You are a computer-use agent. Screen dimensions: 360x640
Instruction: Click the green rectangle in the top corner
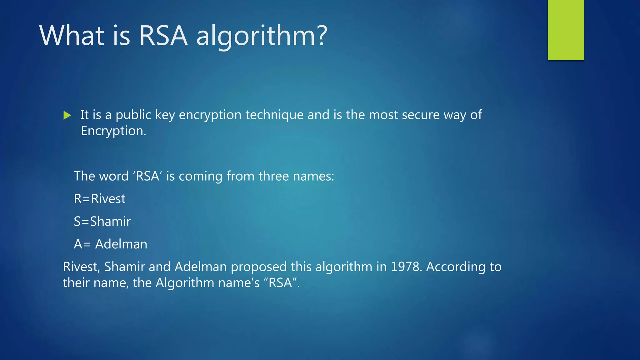pos(566,30)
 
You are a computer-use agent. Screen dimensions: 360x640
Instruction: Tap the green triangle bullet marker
pos(67,115)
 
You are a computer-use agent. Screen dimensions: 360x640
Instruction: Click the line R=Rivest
pos(100,199)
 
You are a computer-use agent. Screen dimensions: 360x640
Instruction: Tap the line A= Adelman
pos(111,244)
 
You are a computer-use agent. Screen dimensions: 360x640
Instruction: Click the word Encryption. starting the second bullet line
pos(113,131)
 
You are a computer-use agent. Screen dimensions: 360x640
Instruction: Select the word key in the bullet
pos(165,115)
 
